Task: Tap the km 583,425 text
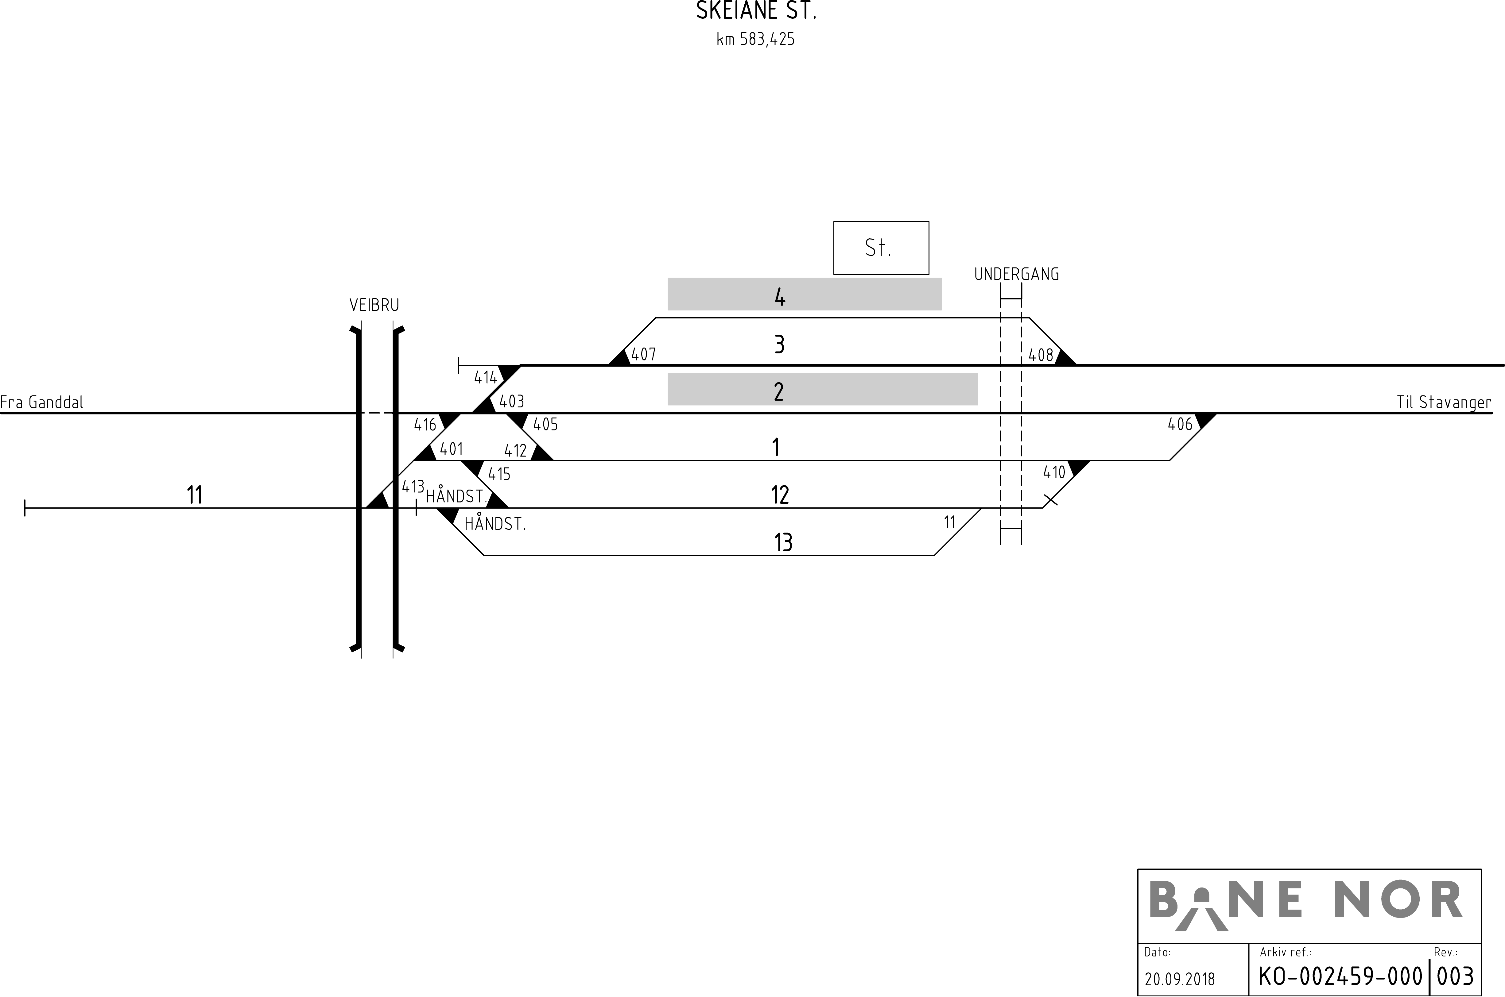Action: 756,40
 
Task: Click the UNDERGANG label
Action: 1016,275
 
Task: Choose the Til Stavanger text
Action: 1443,402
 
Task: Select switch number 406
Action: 1180,425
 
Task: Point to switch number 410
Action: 1054,472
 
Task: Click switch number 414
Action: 485,378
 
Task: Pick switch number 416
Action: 425,425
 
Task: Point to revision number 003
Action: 1455,976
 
